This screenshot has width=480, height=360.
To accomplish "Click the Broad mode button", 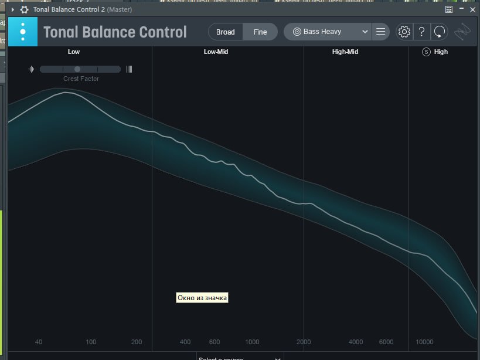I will pyautogui.click(x=226, y=32).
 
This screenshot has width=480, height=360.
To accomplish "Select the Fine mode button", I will pyautogui.click(x=260, y=32).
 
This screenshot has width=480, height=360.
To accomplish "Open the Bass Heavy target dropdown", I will pyautogui.click(x=328, y=32).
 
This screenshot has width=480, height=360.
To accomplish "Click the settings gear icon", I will pyautogui.click(x=404, y=32).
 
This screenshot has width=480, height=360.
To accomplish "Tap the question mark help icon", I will pyautogui.click(x=421, y=32).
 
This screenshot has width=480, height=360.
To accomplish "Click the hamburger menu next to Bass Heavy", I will pyautogui.click(x=381, y=32).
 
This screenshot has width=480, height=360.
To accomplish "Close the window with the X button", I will pyautogui.click(x=472, y=9).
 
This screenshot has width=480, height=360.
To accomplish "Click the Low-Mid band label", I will pyautogui.click(x=216, y=52).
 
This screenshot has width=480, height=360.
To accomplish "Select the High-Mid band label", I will pyautogui.click(x=345, y=52).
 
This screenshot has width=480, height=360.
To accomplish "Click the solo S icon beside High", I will pyautogui.click(x=426, y=52).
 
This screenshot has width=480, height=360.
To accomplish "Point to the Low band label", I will pyautogui.click(x=74, y=52).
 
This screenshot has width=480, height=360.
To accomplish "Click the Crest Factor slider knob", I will pyautogui.click(x=77, y=69).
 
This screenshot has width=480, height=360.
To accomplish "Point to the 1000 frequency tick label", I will pyautogui.click(x=252, y=342).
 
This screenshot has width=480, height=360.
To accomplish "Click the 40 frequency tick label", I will pyautogui.click(x=39, y=342).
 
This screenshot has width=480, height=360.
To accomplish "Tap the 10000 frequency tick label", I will pyautogui.click(x=424, y=342).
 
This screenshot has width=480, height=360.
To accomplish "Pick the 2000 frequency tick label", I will pyautogui.click(x=304, y=342).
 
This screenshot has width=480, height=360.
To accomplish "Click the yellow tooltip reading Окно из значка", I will pyautogui.click(x=202, y=298).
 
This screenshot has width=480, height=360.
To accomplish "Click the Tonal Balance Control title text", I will pyautogui.click(x=115, y=32).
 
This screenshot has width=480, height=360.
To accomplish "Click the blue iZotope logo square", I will pyautogui.click(x=23, y=31).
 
